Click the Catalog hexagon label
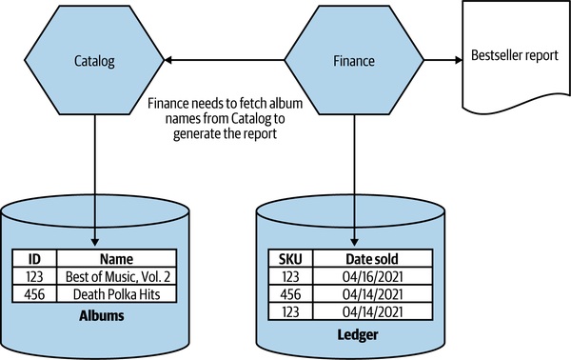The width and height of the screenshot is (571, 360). pos(94,61)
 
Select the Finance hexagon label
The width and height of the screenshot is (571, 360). pos(354,61)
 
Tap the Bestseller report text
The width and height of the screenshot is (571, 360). pos(515,55)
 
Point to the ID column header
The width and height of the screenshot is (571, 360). pos(34,259)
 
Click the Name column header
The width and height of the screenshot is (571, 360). pos(116,259)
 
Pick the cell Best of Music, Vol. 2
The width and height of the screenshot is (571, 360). pos(118,276)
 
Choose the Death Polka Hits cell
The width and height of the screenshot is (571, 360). pos(116,294)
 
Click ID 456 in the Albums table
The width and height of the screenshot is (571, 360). pos(34,294)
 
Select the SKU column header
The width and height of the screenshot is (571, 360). pos(290,259)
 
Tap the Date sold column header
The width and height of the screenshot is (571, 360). pos(372,259)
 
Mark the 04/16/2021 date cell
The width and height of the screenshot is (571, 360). pos(372,276)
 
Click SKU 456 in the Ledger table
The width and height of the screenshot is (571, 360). pos(290,294)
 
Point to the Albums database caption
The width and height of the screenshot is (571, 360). pos(102,315)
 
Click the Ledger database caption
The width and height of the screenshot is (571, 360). pos(358,334)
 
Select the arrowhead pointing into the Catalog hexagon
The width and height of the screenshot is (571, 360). pos(167,60)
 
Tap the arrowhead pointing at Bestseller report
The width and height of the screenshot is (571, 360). pos(459,60)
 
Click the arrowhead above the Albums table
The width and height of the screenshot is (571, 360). pos(94,242)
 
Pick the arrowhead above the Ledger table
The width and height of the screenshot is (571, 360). pos(354,242)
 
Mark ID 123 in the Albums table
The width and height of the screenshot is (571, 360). pos(34,276)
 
